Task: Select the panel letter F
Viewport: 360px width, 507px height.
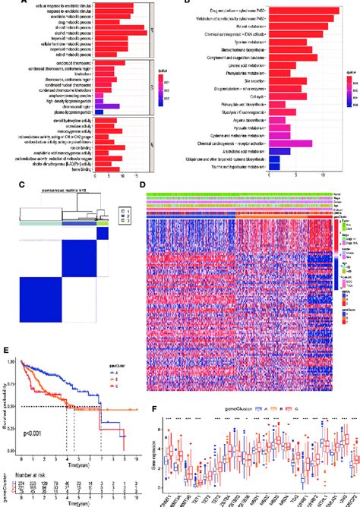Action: pos(155,414)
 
